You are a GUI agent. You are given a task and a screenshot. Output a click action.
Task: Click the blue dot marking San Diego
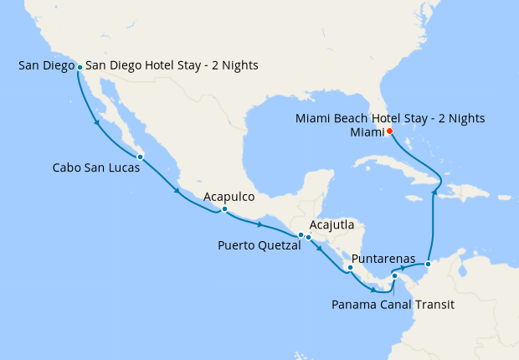click(x=80, y=67)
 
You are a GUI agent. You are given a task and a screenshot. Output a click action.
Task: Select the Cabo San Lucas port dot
click(x=140, y=157)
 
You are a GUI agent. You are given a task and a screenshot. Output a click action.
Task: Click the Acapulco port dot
click(x=224, y=209)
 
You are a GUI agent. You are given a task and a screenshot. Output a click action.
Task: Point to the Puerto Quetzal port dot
click(x=301, y=235)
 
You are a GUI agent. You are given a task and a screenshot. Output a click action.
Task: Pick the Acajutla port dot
click(x=309, y=237)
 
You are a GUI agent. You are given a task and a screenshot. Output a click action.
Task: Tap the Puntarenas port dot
click(x=351, y=269)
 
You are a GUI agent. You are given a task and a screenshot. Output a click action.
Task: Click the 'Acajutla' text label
click(x=331, y=225)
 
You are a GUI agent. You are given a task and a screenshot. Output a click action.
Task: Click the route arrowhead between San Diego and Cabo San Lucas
click(x=99, y=124)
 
